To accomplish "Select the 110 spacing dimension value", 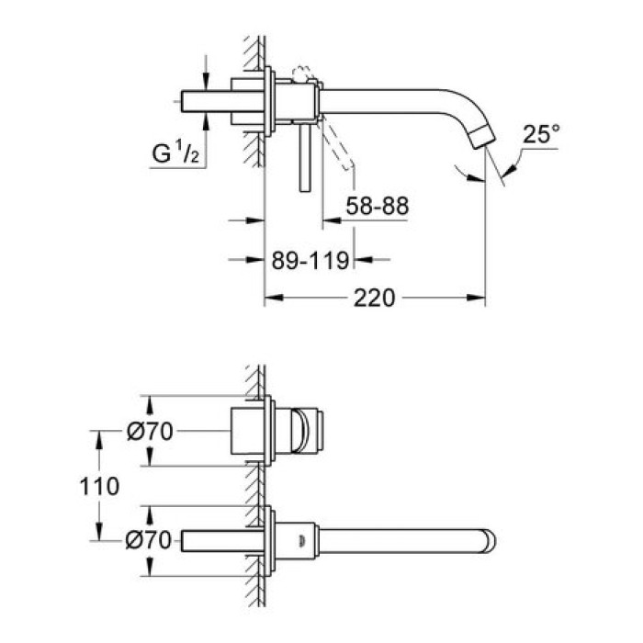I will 100,486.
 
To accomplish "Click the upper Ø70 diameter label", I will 152,432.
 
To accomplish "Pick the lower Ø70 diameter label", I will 152,541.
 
